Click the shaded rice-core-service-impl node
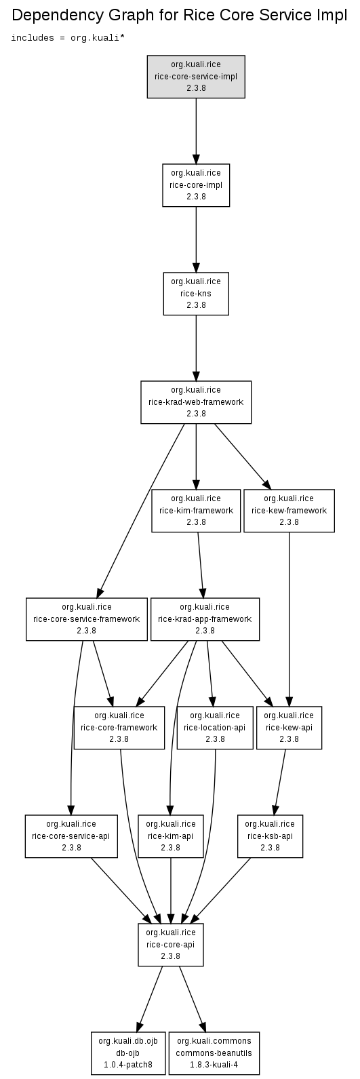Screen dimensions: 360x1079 click(x=196, y=77)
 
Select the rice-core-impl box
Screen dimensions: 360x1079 click(x=196, y=185)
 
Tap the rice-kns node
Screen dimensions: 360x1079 click(x=196, y=294)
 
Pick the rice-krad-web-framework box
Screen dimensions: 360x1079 click(x=196, y=401)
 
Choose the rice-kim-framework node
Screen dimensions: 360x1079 click(x=196, y=511)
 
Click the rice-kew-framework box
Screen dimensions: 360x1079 click(x=289, y=511)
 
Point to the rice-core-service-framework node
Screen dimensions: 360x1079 click(x=87, y=619)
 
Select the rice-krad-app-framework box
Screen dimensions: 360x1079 click(x=205, y=619)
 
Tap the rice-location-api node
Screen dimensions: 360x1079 click(x=215, y=728)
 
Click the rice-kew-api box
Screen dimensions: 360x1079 click(x=289, y=728)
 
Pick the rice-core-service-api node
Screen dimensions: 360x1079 click(x=71, y=836)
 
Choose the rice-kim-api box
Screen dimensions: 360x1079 click(x=170, y=836)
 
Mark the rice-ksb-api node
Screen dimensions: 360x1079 click(x=270, y=836)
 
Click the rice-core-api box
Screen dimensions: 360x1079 click(x=170, y=945)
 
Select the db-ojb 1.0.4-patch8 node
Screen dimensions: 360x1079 click(x=128, y=1053)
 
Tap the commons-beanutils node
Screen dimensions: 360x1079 click(x=214, y=1053)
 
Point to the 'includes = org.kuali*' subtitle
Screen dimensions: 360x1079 click(x=68, y=37)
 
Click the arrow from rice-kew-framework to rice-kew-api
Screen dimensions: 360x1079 click(x=289, y=619)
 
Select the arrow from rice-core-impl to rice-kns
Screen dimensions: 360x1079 click(x=196, y=239)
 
